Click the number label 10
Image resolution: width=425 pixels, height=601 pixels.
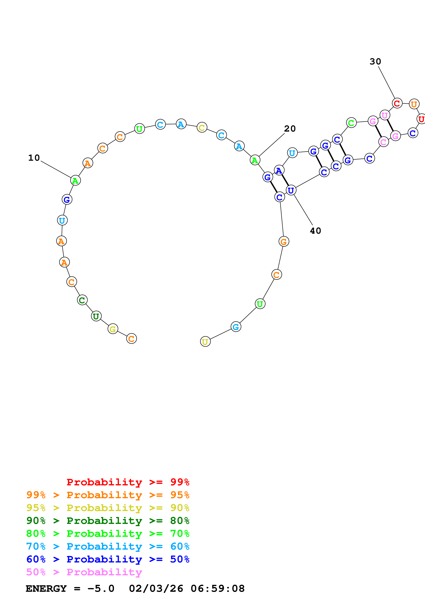pos(34,158)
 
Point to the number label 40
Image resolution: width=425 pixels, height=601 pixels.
pos(315,231)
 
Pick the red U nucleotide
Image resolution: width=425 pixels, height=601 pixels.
pos(421,119)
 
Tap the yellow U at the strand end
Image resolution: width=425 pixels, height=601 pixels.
pos(205,342)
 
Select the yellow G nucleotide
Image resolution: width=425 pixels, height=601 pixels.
pos(113,329)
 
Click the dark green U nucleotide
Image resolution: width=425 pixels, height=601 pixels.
pos(96,316)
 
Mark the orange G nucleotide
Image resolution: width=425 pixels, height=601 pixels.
pos(284,242)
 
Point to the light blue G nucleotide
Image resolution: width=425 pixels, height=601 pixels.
pos(236,327)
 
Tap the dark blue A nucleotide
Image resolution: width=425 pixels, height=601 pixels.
pos(279,170)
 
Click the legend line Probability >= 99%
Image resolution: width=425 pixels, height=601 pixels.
pos(128,482)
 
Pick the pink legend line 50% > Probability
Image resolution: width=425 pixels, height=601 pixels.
pos(84,572)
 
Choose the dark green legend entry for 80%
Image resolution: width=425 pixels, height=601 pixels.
pos(108,521)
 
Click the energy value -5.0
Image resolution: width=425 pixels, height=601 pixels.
pos(101,588)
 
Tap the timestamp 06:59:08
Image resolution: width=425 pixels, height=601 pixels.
pos(217,588)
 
